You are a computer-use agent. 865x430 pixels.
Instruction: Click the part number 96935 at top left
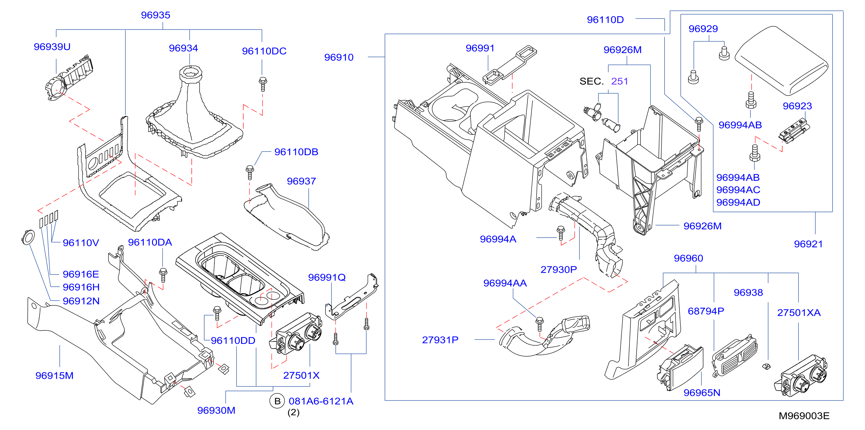pyautogui.click(x=155, y=15)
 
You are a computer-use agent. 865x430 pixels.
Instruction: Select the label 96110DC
pyautogui.click(x=264, y=51)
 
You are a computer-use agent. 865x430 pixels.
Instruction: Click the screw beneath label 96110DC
pyautogui.click(x=263, y=84)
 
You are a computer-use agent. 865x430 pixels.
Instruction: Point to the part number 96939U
pyautogui.click(x=52, y=47)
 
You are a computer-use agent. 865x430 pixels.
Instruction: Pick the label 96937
pyautogui.click(x=301, y=181)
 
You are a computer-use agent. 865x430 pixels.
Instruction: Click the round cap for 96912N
pyautogui.click(x=28, y=237)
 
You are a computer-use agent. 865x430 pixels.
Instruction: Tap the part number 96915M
pyautogui.click(x=55, y=376)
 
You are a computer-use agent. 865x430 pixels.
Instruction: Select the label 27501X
pyautogui.click(x=301, y=375)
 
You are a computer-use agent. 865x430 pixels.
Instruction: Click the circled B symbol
pyautogui.click(x=277, y=401)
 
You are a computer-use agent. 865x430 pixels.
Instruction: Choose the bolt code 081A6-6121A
pyautogui.click(x=321, y=401)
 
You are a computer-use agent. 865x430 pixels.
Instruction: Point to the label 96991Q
pyautogui.click(x=327, y=277)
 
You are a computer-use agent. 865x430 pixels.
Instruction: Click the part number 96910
pyautogui.click(x=339, y=57)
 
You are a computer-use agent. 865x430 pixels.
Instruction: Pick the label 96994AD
pyautogui.click(x=738, y=203)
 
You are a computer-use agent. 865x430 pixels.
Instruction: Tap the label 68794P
pyautogui.click(x=706, y=311)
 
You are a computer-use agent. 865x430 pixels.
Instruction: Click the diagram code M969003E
pyautogui.click(x=804, y=416)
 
